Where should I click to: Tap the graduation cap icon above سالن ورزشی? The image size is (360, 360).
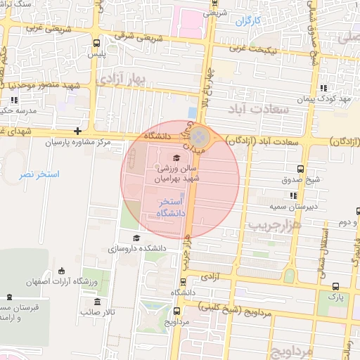click(176, 157)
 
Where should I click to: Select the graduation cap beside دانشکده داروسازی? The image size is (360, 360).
click(136, 238)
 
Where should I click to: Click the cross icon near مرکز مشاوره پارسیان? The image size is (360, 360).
click(77, 131)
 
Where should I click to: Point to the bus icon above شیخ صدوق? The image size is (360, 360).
click(301, 169)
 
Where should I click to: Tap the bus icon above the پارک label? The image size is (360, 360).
click(335, 286)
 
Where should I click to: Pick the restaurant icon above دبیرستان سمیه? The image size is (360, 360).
click(292, 195)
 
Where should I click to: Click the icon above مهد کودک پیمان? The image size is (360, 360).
click(323, 88)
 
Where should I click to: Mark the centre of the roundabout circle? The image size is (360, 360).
click(200, 136)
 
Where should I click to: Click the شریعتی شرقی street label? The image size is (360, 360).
click(132, 35)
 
